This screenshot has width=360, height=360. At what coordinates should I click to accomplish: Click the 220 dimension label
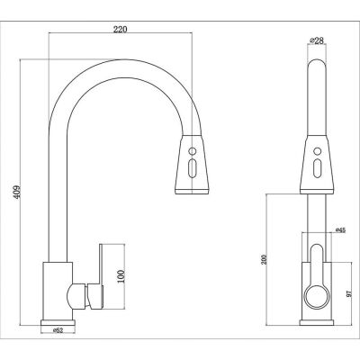click(x=120, y=29)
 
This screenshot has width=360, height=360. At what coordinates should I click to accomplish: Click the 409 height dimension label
click(x=17, y=192)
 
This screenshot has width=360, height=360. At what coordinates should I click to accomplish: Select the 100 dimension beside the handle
click(x=120, y=277)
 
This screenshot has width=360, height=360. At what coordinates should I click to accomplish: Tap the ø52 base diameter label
click(x=58, y=330)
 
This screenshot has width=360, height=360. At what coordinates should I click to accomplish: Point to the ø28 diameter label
click(x=317, y=40)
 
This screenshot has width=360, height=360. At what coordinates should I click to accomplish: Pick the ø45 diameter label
click(x=340, y=230)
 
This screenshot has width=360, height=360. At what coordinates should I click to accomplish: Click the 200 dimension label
click(x=264, y=260)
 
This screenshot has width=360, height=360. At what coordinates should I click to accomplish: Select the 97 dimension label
click(x=348, y=293)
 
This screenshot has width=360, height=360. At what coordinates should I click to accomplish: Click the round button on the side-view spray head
click(x=193, y=150)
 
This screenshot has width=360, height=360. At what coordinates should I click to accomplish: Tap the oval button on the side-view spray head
click(x=192, y=167)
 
